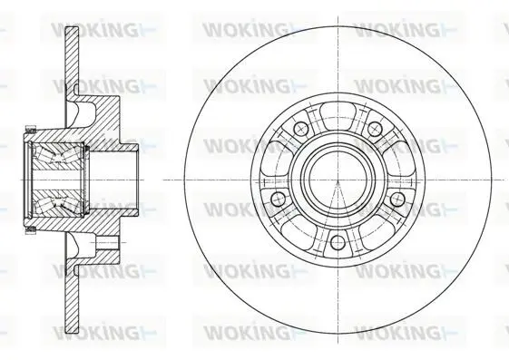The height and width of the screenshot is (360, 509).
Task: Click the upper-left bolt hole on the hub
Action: click(300, 129)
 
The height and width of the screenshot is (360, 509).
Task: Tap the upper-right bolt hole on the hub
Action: click(376, 129)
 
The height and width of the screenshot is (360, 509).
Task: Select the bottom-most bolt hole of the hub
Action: click(338, 242)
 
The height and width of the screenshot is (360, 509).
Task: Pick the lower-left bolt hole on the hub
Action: click(278, 199)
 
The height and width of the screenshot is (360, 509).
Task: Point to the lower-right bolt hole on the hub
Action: click(397, 199)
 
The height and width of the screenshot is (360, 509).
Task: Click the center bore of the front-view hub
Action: click(338, 180)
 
